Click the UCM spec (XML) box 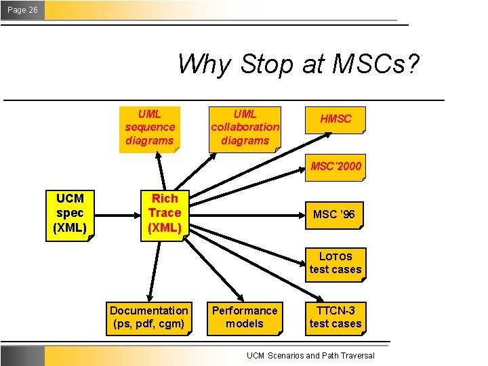pos(70,213)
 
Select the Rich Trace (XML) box pos(165,213)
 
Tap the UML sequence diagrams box pos(150,127)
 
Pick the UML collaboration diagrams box pos(245,127)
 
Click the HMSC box pos(335,119)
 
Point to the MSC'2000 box pos(335,166)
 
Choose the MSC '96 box pos(333,215)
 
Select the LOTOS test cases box pos(335,263)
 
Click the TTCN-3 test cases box pos(335,317)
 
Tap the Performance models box pos(245,317)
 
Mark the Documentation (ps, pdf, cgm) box pos(149,317)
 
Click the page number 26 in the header pos(33,10)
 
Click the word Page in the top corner pos(16,10)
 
